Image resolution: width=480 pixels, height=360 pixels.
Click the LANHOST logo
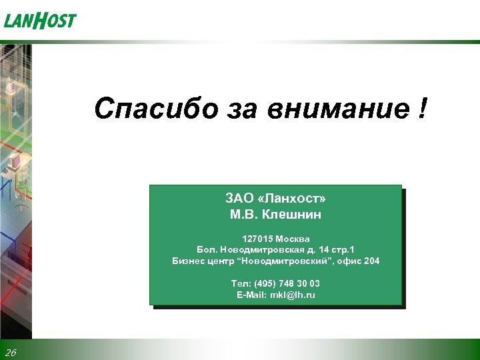pyautogui.click(x=40, y=21)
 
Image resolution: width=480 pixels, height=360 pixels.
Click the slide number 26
pyautogui.click(x=10, y=352)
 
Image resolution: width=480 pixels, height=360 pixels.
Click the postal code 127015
pyautogui.click(x=259, y=239)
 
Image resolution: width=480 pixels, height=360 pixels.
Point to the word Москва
pyautogui.click(x=293, y=239)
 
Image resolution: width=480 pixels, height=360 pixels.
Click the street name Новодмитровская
pyautogui.click(x=258, y=250)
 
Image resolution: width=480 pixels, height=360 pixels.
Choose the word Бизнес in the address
pyautogui.click(x=189, y=261)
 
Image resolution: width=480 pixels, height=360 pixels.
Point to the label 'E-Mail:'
pyautogui.click(x=251, y=295)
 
